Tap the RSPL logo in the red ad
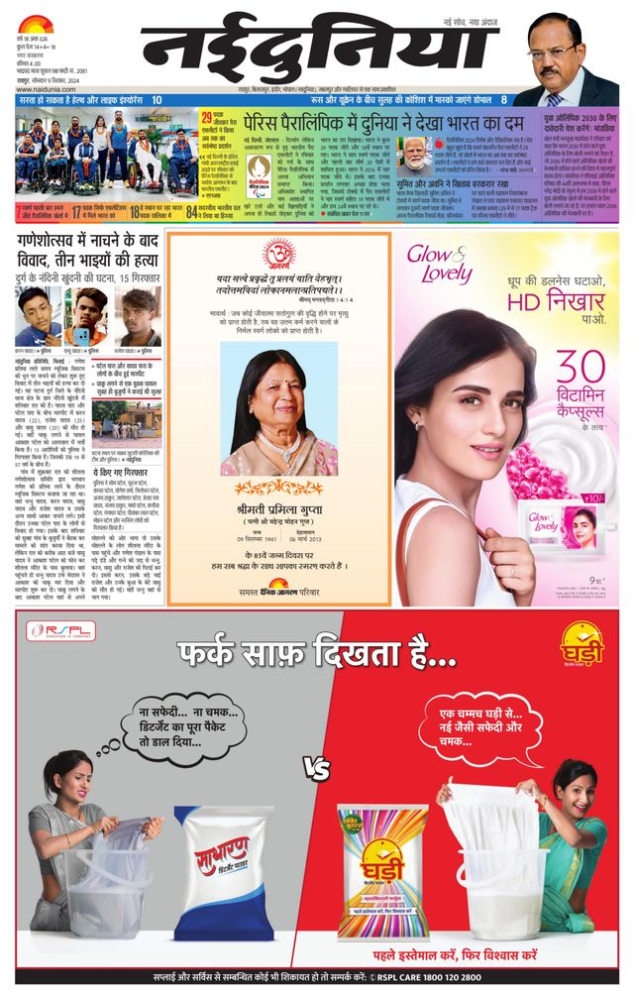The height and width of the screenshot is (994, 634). click(61, 630)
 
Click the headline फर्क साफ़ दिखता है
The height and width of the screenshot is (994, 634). click(317, 658)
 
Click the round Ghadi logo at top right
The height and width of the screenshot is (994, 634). click(581, 642)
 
